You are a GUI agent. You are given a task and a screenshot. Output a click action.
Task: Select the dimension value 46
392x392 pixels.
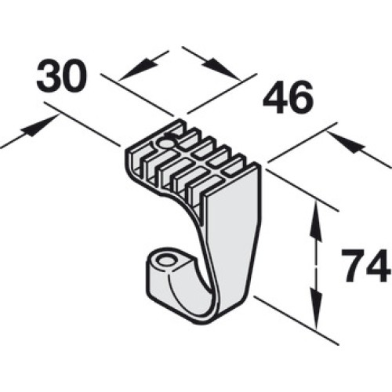[288, 97]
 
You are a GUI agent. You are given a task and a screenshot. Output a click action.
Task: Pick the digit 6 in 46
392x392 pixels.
[301, 97]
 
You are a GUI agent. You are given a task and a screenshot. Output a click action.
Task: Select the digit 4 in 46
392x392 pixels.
[275, 97]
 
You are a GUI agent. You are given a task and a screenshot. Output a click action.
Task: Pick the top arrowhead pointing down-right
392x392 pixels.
[221, 69]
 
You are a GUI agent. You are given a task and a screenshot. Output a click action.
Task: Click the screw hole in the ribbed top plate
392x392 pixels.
[165, 143]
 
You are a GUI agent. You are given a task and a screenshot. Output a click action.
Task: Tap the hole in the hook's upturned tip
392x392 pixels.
[167, 261]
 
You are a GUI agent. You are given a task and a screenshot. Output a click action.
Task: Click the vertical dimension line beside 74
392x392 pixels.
[316, 264]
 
